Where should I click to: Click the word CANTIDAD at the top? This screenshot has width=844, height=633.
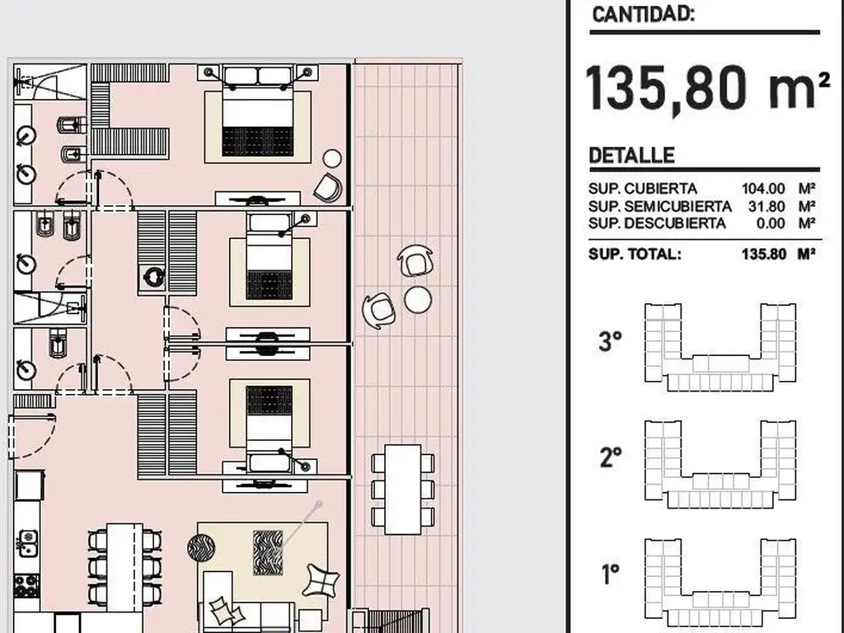click(x=643, y=14)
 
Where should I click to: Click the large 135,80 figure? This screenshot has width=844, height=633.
click(x=667, y=88)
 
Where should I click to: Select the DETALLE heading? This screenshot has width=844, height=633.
click(x=631, y=156)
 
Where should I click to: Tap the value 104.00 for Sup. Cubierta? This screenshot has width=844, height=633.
click(x=763, y=189)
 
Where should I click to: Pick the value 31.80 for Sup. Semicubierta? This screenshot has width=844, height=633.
click(x=767, y=206)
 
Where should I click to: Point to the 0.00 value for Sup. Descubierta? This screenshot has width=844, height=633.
click(x=771, y=223)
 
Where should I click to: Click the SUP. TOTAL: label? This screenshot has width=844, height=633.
click(x=635, y=254)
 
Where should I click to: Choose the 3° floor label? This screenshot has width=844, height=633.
click(x=611, y=341)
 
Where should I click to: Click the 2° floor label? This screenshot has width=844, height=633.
click(x=611, y=457)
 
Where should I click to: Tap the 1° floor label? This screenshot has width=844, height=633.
click(x=610, y=574)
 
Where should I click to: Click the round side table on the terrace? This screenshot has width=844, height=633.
click(x=418, y=299)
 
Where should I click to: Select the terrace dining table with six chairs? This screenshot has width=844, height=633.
click(x=402, y=490)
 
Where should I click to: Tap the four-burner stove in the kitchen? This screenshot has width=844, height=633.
click(x=26, y=586)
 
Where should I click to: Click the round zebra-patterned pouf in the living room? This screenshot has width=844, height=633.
click(x=201, y=547)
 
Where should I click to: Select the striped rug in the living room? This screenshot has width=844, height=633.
click(x=268, y=553)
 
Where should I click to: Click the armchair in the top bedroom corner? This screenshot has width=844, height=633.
click(x=328, y=188)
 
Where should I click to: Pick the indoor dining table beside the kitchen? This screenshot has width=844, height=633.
click(x=124, y=567)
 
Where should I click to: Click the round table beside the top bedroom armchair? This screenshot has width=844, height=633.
click(x=332, y=159)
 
